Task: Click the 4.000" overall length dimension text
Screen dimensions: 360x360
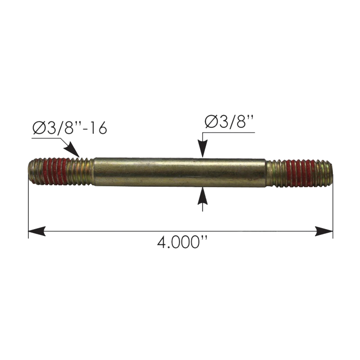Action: (183, 243)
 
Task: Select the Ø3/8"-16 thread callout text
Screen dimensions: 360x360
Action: (70, 127)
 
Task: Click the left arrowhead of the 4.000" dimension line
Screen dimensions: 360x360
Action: (37, 231)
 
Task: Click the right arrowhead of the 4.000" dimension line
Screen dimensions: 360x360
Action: (324, 231)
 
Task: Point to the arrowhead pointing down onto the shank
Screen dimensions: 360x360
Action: (202, 148)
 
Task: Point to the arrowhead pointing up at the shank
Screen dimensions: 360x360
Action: (202, 196)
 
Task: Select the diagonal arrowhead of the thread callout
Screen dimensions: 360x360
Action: (72, 150)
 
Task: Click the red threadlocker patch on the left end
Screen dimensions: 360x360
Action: (57, 171)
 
